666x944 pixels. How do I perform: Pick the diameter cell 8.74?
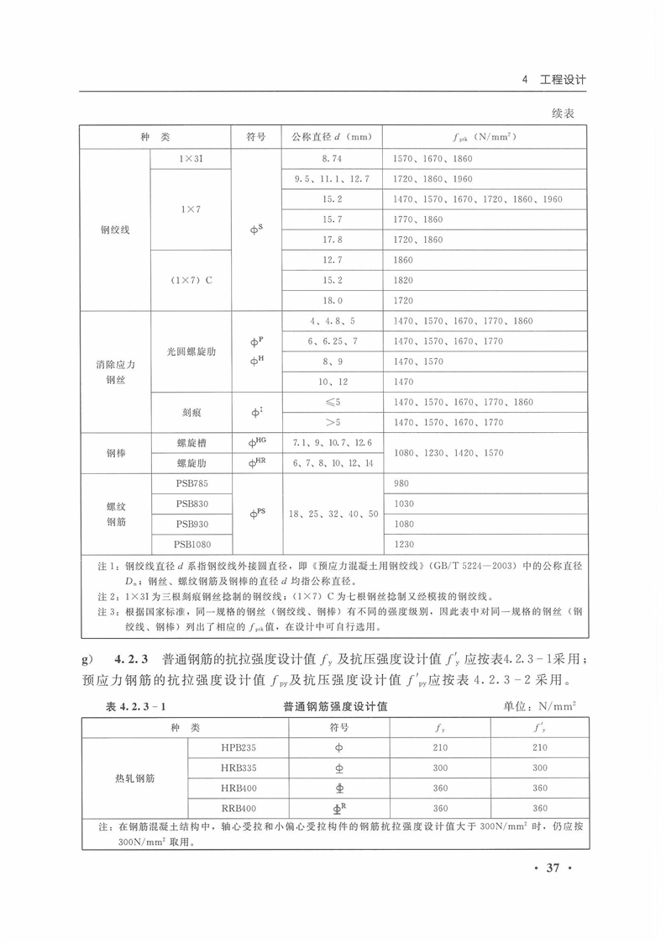coord(332,158)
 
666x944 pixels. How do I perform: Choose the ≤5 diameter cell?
coord(332,403)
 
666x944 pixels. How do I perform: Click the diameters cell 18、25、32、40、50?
coord(332,514)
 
